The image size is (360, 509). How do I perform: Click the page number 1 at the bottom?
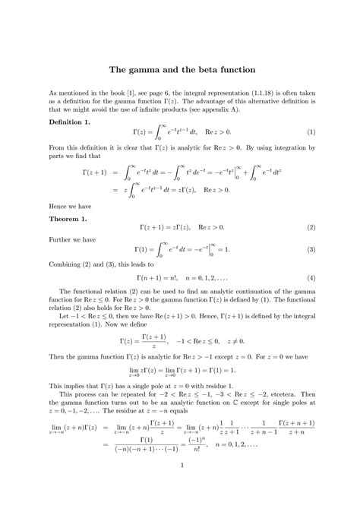tap(180, 486)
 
